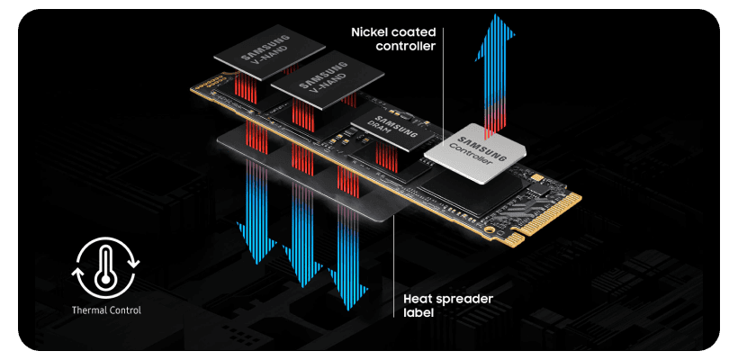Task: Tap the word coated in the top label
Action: (x=417, y=32)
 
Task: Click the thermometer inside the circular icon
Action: (x=104, y=266)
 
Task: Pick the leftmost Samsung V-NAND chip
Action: (x=255, y=55)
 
